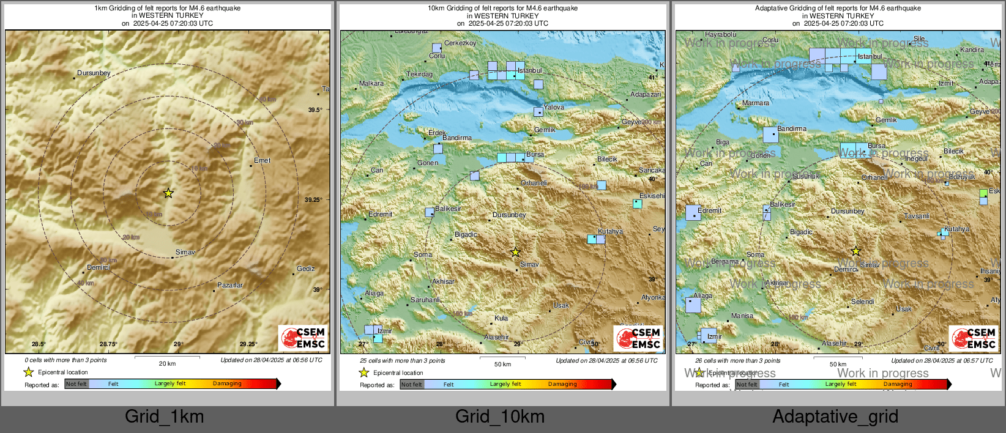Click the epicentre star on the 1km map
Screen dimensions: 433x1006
[168, 193]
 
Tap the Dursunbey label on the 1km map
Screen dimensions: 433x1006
[94, 73]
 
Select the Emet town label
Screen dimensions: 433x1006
[262, 160]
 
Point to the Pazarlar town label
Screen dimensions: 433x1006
[230, 285]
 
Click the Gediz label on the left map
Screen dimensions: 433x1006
[305, 268]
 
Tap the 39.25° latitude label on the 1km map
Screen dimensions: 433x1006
[314, 199]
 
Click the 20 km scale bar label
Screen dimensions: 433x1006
[167, 363]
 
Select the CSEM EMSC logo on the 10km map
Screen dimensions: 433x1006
[638, 338]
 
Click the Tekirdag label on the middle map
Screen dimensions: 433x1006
[419, 74]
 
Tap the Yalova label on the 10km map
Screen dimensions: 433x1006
[554, 107]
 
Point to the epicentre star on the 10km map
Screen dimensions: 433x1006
[515, 252]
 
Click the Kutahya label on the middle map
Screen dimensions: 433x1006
[610, 231]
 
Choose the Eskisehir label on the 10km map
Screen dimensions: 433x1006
[652, 196]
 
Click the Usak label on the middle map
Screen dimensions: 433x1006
[561, 305]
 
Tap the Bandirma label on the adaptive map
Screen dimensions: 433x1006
[792, 128]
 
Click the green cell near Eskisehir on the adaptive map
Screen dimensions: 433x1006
[983, 193]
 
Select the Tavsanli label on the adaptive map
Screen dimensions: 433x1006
[917, 216]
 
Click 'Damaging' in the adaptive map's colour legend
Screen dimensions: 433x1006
[898, 384]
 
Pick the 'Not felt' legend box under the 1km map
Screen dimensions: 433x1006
[76, 384]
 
